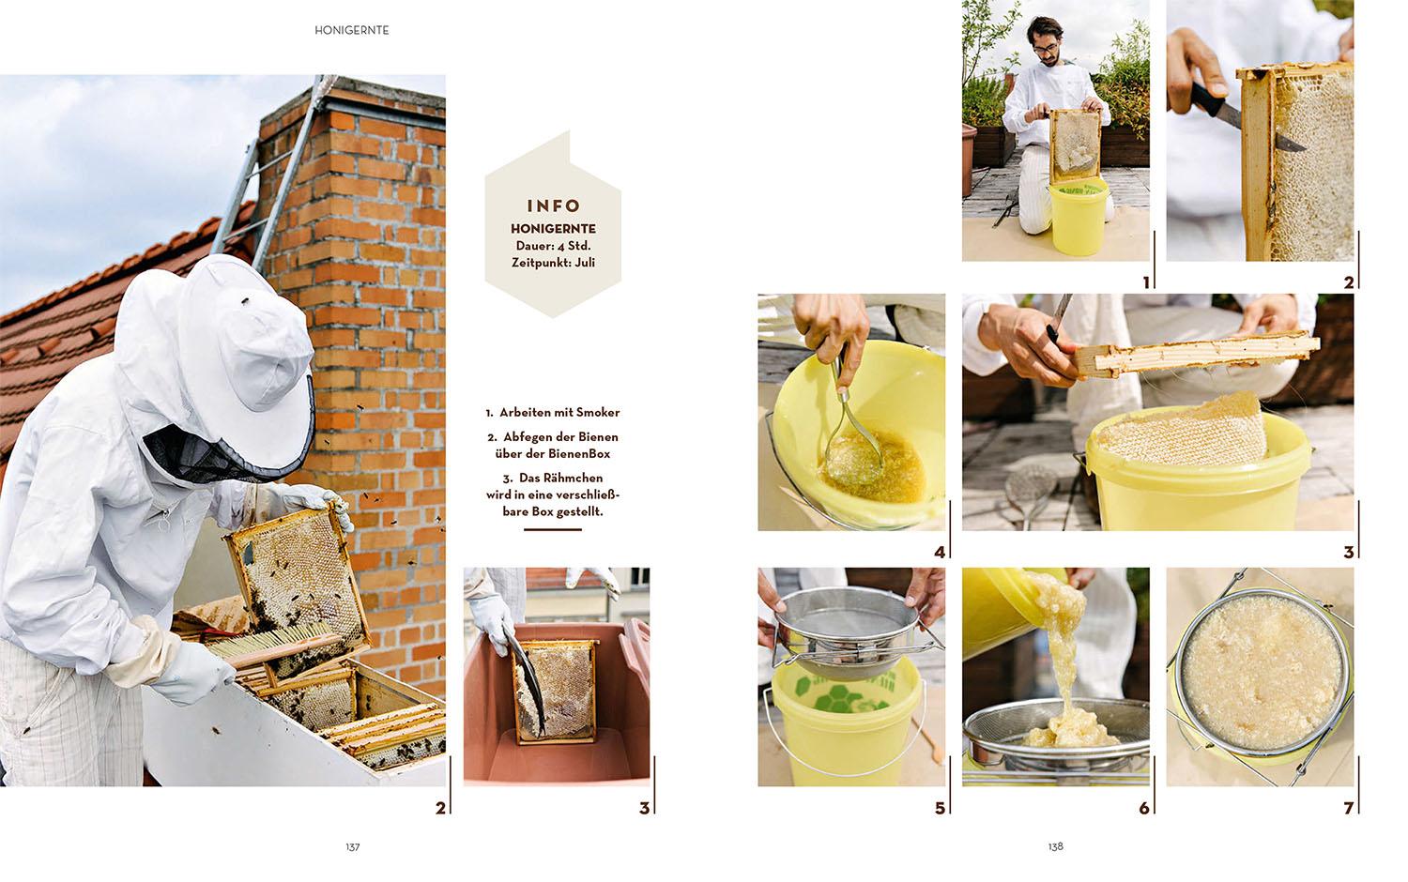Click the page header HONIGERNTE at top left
click(x=352, y=30)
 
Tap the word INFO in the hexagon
click(x=553, y=205)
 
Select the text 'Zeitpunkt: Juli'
click(x=553, y=263)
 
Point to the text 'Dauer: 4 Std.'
click(x=553, y=246)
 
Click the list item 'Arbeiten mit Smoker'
click(x=553, y=412)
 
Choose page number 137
click(x=352, y=846)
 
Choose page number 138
click(x=1055, y=846)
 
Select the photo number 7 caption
click(x=1348, y=807)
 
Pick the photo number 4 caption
click(x=940, y=553)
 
